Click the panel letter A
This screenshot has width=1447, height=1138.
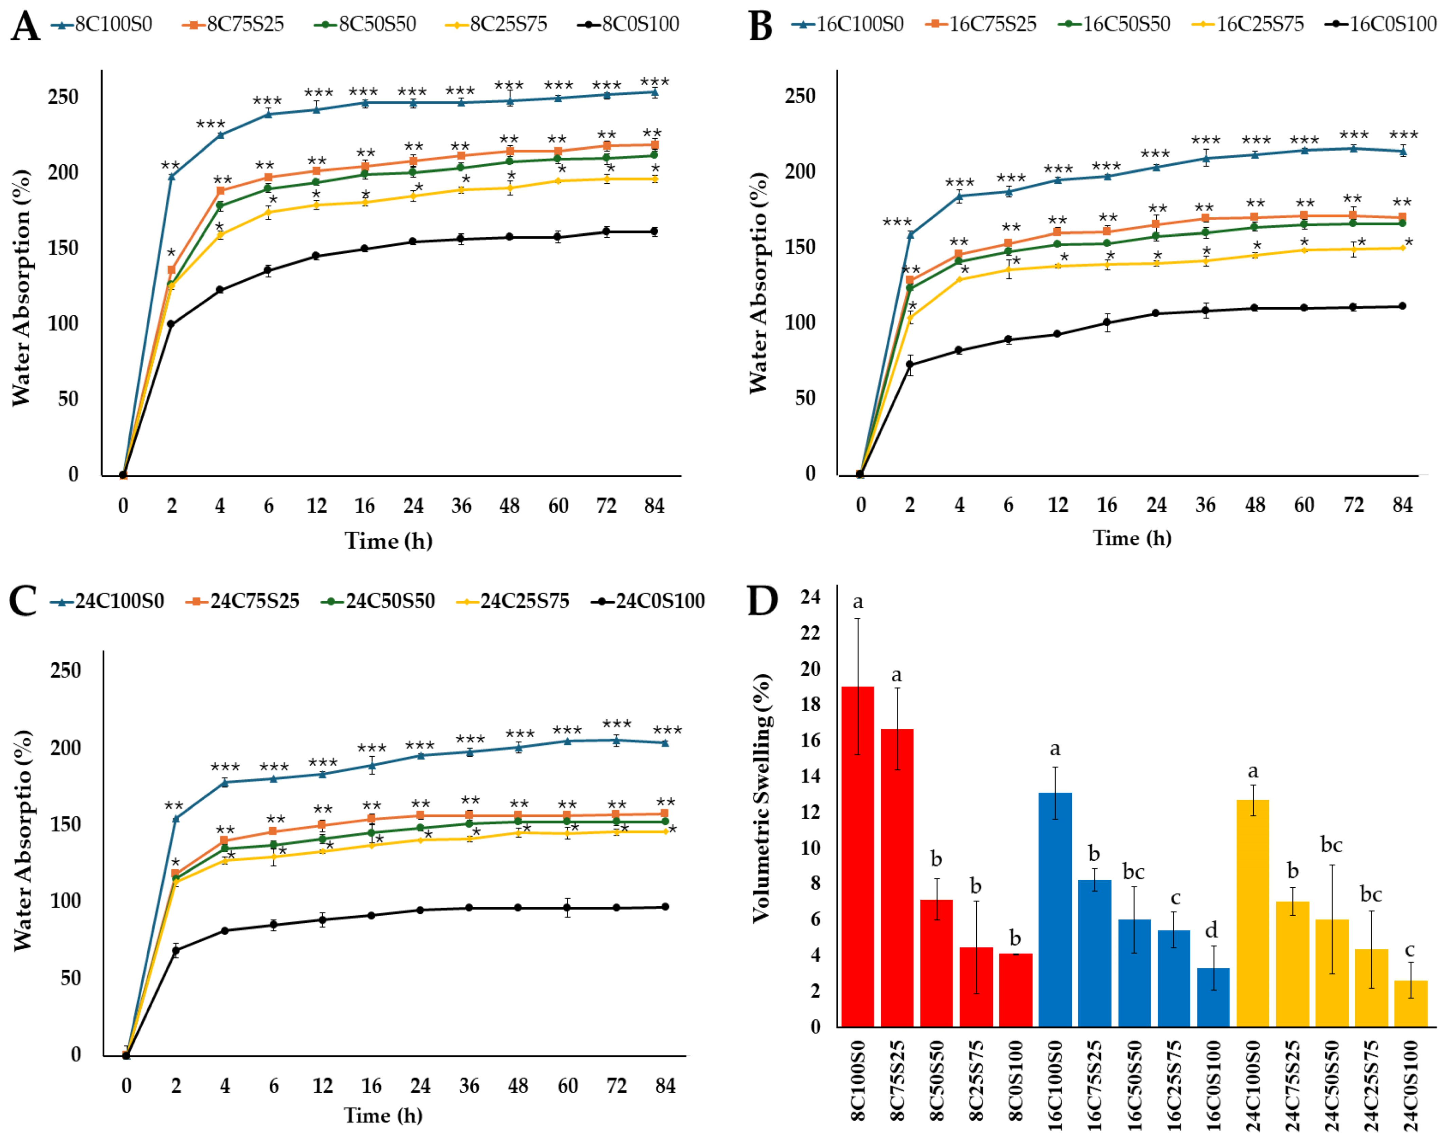click(25, 26)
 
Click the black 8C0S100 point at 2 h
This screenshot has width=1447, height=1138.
click(171, 324)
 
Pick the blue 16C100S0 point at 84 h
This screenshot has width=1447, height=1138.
click(1403, 150)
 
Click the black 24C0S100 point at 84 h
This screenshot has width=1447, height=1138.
click(665, 907)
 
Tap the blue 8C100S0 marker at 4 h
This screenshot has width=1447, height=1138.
click(220, 135)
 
